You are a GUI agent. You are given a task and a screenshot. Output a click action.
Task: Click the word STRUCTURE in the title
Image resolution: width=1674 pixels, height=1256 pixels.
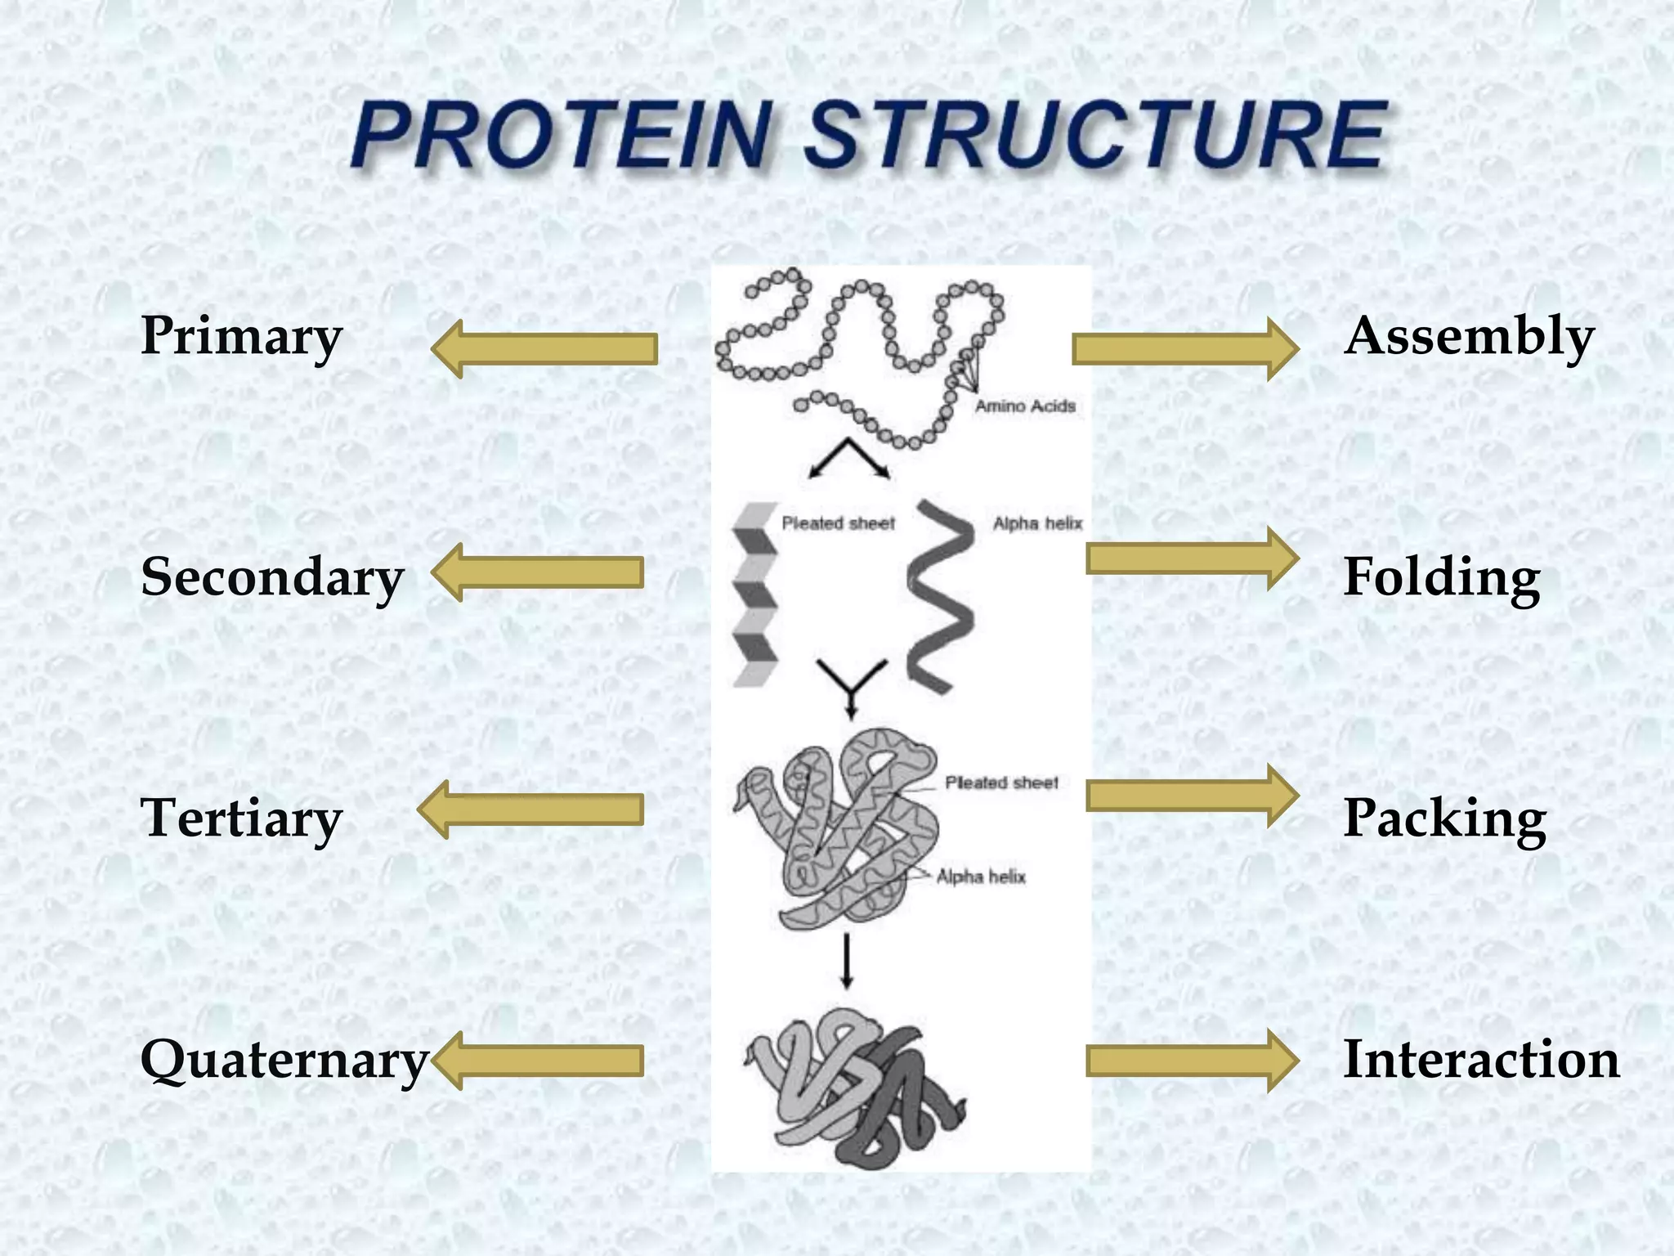coord(1095,135)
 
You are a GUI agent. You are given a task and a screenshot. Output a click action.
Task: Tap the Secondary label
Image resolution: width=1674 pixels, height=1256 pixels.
coord(272,576)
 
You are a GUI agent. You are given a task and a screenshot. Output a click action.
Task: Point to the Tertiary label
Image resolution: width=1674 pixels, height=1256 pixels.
coord(241,818)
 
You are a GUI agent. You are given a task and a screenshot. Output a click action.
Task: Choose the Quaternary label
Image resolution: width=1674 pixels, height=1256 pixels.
coord(284,1060)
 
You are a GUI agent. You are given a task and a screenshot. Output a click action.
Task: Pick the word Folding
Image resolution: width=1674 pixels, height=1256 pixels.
coord(1442,576)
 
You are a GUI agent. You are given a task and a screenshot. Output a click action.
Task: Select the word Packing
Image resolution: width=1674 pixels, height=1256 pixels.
coord(1445,818)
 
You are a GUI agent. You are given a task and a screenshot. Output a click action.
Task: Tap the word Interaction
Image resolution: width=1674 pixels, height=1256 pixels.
coord(1481,1060)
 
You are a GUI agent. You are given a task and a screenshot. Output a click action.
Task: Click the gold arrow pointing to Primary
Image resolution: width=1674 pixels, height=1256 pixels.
coord(544,349)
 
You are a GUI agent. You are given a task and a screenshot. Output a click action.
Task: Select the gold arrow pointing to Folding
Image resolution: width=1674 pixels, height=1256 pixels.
coord(1192,558)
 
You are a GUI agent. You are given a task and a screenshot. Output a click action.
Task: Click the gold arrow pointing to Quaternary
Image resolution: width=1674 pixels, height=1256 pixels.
coord(537,1061)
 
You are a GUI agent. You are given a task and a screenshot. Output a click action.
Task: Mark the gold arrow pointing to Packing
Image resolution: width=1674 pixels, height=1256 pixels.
coord(1192,796)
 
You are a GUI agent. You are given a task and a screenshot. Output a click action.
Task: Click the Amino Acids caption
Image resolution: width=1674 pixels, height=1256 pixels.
coord(1025,406)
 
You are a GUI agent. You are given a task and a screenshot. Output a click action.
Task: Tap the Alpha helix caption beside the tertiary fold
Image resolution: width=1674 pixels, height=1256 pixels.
coord(981,877)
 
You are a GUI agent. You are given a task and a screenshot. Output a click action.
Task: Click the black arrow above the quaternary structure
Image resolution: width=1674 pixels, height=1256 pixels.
coord(847,961)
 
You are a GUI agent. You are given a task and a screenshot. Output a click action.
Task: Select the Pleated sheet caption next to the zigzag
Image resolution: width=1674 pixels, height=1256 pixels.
coord(839,523)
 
